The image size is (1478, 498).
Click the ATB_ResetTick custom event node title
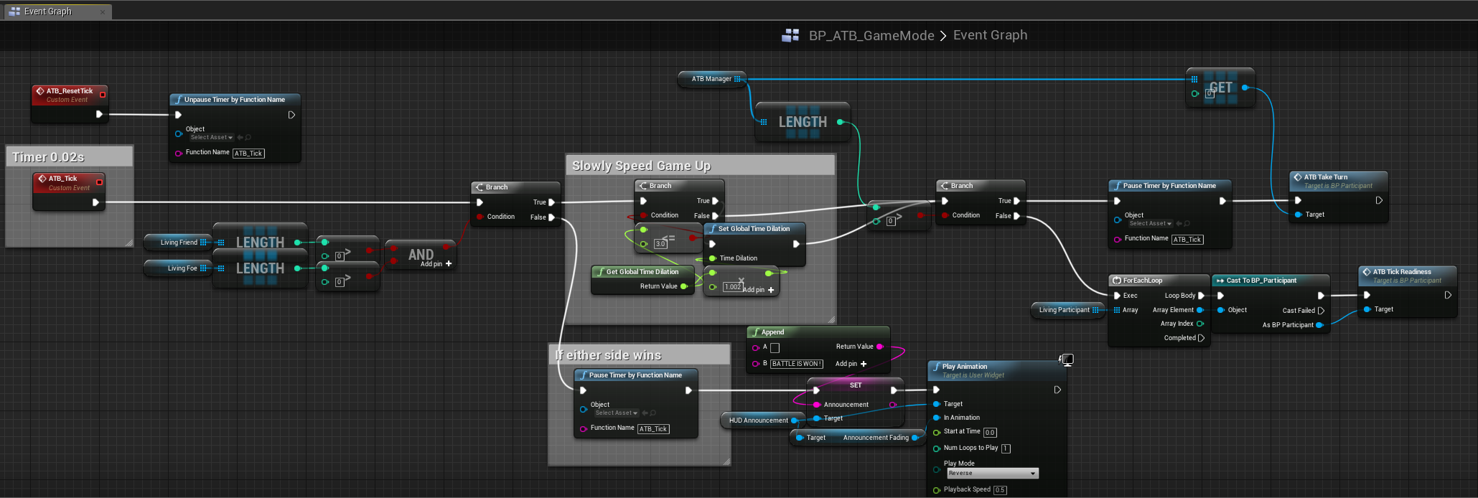tap(70, 91)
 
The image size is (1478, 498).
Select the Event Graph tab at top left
tap(47, 11)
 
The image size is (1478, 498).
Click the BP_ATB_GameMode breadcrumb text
tap(871, 36)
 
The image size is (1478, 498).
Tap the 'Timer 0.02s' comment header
tap(49, 157)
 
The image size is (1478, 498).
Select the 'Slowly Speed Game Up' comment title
tap(641, 166)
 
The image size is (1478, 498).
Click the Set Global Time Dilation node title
tap(754, 229)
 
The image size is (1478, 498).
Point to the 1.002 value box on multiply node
tap(732, 287)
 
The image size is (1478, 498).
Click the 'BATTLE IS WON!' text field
tap(797, 364)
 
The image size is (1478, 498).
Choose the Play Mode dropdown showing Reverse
tap(992, 474)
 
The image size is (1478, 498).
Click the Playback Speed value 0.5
tap(1000, 490)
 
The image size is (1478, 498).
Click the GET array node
tap(1220, 88)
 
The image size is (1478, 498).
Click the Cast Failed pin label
tap(1299, 311)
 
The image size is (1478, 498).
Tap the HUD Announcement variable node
tap(759, 421)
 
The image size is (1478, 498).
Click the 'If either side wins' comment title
tap(608, 355)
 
